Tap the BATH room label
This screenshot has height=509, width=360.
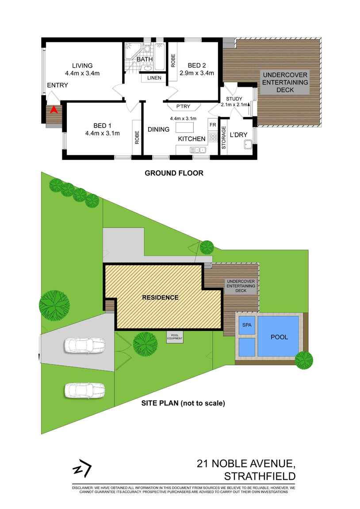tap(145, 59)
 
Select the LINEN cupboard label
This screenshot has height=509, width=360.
tap(154, 78)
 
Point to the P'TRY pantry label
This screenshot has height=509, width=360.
tap(183, 107)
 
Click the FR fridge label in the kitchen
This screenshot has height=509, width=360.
tap(212, 125)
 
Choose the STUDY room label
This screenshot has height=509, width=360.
tap(234, 98)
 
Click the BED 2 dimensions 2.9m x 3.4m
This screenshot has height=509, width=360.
tap(197, 73)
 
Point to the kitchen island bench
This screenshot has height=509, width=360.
tap(184, 128)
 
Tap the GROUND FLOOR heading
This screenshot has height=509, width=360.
tap(174, 173)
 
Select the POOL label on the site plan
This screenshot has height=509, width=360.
tap(279, 337)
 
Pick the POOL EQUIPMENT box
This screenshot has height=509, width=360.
tap(174, 337)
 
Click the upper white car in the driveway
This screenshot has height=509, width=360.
tap(85, 345)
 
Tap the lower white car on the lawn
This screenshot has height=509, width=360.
tap(85, 390)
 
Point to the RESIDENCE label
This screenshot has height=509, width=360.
tap(160, 297)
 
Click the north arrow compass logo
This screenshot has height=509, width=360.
tap(82, 470)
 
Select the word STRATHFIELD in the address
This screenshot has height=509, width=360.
tap(260, 477)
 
